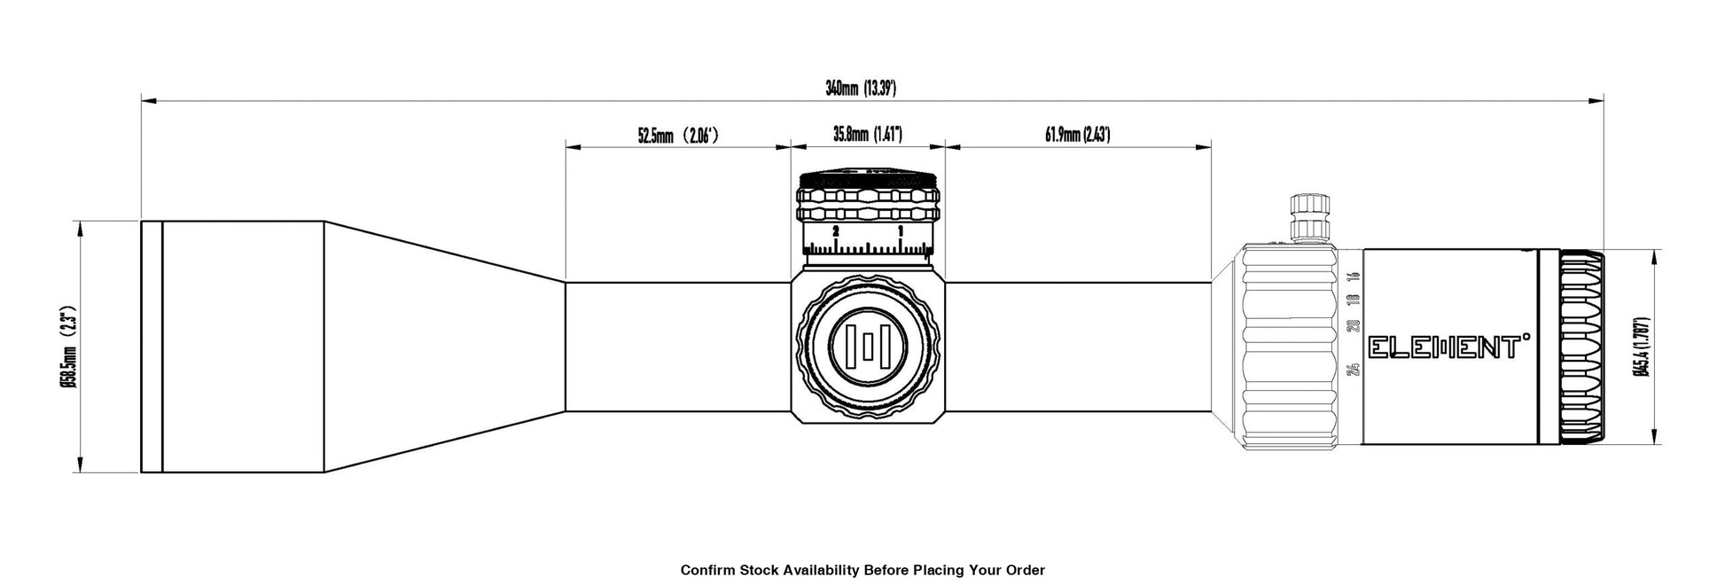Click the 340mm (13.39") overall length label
point(860,88)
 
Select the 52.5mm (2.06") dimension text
point(677,136)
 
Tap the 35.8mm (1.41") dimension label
point(866,136)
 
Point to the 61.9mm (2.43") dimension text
point(1077,136)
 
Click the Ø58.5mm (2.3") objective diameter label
point(66,347)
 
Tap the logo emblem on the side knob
point(869,347)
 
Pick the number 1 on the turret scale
point(901,230)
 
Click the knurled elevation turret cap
point(868,199)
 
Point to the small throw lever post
point(1311,215)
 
